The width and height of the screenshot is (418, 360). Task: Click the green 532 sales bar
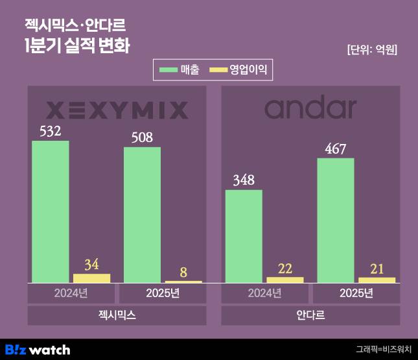pyautogui.click(x=50, y=211)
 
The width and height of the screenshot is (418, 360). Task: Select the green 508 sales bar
pyautogui.click(x=142, y=215)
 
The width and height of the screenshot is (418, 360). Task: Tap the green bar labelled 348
pyautogui.click(x=244, y=236)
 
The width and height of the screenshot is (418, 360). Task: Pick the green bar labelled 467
pyautogui.click(x=336, y=220)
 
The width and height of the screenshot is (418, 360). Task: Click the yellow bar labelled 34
pyautogui.click(x=91, y=278)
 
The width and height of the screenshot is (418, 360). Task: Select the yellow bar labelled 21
pyautogui.click(x=377, y=280)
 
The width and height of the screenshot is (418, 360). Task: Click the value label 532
pyautogui.click(x=50, y=131)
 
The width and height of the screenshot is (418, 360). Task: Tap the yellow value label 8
pyautogui.click(x=183, y=272)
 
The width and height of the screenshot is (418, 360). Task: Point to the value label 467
pyautogui.click(x=336, y=149)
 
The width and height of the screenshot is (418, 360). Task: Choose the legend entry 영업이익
pyautogui.click(x=239, y=68)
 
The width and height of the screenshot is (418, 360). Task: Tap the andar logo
pyautogui.click(x=310, y=108)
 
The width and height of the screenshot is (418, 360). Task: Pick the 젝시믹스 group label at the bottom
pyautogui.click(x=117, y=315)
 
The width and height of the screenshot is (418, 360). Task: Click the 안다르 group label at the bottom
pyautogui.click(x=310, y=315)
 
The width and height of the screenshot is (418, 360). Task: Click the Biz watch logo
pyautogui.click(x=37, y=350)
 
